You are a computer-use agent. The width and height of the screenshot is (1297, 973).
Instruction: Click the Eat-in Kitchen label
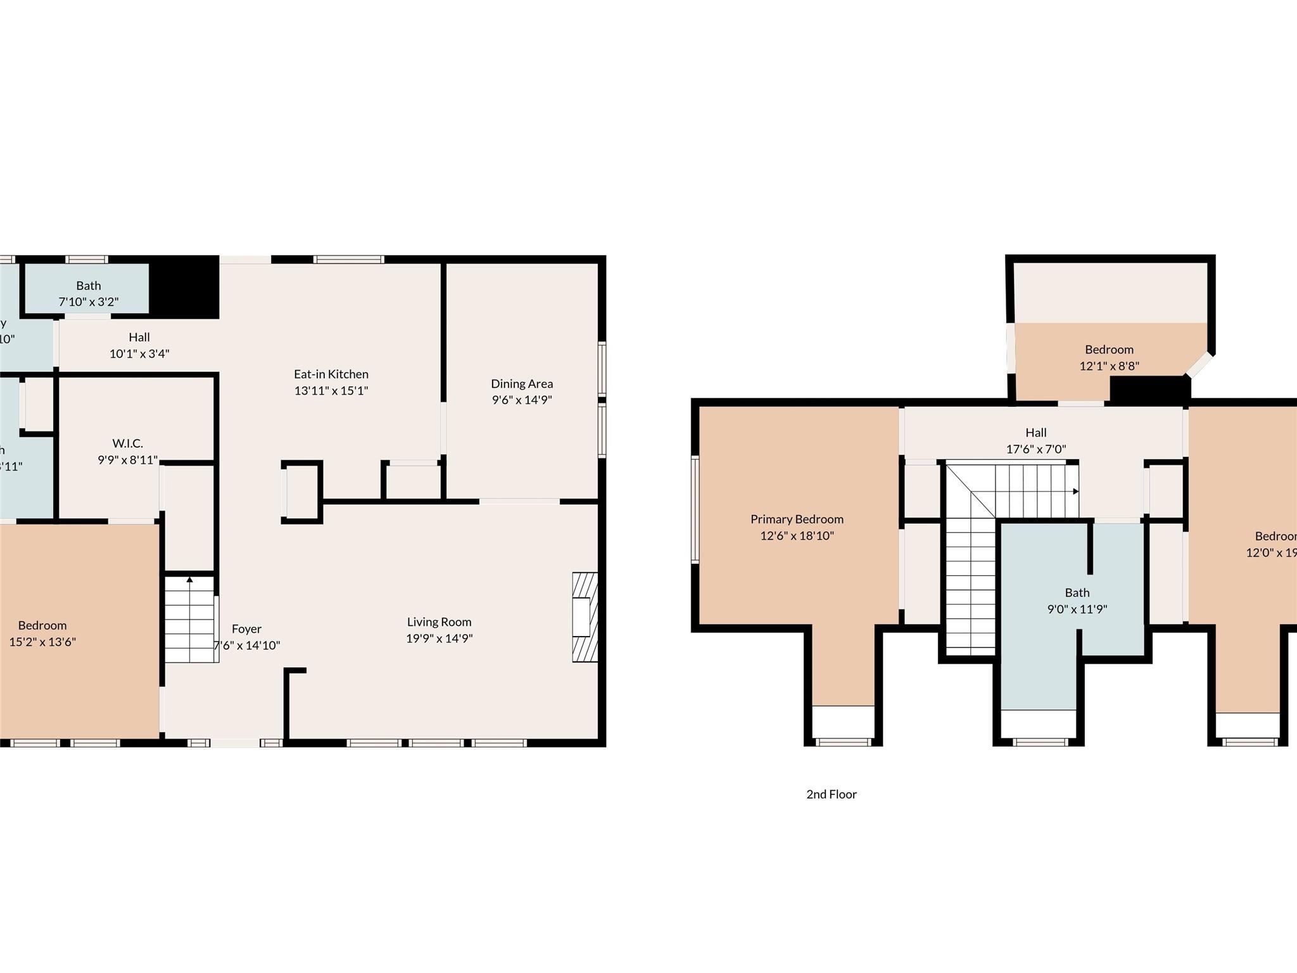pos(331,374)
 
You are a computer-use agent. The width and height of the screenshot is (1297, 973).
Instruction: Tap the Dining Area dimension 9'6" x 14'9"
pos(522,400)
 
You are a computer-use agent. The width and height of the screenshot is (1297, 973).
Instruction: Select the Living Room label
pos(439,622)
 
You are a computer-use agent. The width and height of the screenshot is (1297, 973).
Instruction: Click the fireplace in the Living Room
pos(584,617)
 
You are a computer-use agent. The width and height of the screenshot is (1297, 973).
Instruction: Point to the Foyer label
pos(246,629)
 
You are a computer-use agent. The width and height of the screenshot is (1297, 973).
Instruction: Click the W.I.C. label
pos(127,443)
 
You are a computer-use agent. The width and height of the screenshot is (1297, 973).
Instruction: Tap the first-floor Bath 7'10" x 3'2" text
pos(89,302)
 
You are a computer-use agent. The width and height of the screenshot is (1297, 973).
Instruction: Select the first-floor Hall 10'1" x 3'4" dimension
pos(139,353)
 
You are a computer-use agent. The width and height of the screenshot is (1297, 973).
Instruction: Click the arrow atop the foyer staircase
pos(189,579)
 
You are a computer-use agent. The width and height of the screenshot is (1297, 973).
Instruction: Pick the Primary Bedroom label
pos(797,519)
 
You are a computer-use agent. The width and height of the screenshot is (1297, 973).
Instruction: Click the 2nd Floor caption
pos(831,794)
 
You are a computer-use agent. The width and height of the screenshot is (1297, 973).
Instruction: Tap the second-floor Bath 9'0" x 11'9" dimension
pos(1077,609)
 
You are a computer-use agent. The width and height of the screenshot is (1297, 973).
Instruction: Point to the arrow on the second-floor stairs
pos(1075,492)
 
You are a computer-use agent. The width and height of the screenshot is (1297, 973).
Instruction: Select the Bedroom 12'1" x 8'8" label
pos(1109,350)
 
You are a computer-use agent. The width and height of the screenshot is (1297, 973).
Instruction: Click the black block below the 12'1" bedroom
pos(1147,389)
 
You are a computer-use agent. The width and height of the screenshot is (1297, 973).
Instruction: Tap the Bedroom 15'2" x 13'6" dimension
pos(42,642)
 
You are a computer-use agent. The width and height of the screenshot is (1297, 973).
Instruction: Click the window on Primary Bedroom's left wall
pos(695,509)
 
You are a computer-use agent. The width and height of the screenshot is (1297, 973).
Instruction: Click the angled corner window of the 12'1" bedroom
pos(1199,366)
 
